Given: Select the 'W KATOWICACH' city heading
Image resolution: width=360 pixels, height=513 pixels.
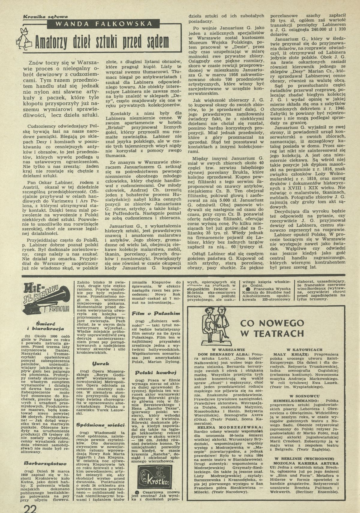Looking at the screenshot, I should tap(304, 349).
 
